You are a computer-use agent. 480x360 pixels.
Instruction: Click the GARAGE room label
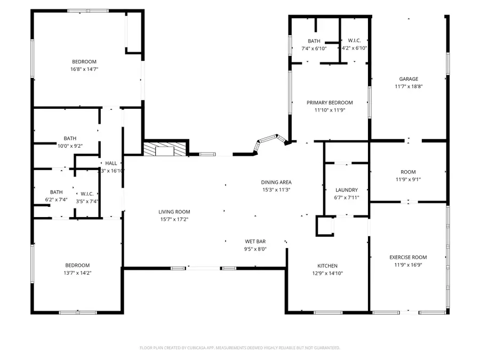point(409,79)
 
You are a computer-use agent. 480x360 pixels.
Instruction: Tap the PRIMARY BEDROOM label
point(329,102)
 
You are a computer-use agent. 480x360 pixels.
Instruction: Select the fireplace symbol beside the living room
point(166,149)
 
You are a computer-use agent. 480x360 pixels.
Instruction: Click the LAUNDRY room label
point(346,190)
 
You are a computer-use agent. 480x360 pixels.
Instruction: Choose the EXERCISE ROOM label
point(408,257)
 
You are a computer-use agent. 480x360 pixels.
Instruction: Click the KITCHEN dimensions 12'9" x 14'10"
point(327,273)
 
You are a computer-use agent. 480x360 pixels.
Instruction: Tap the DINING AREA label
point(276,182)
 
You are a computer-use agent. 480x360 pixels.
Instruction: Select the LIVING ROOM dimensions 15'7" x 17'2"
point(174,219)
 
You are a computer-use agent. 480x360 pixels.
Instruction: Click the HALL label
point(111,163)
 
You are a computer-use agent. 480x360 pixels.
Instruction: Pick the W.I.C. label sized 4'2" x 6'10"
point(354,41)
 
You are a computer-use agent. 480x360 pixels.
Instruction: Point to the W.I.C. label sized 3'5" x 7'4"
point(87,194)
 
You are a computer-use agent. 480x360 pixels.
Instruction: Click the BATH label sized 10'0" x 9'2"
point(70,138)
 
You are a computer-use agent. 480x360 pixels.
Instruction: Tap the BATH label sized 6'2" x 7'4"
point(57,192)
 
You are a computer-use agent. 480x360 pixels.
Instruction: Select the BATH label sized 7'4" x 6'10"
point(314,41)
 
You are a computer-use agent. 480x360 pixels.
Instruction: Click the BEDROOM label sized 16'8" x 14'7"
point(84,62)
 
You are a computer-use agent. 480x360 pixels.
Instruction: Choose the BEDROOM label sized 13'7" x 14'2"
point(77,265)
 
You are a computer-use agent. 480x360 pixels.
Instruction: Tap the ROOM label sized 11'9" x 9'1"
point(408,172)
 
